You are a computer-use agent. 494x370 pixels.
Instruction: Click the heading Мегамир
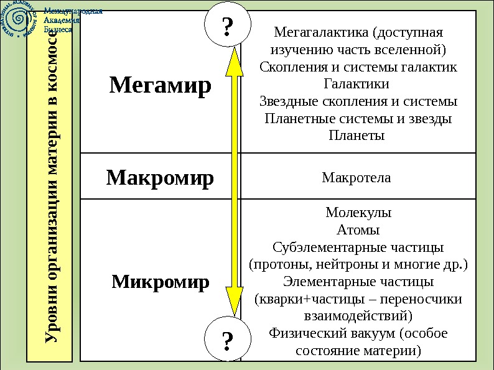[x=161, y=85]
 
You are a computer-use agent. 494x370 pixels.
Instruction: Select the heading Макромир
[x=160, y=178]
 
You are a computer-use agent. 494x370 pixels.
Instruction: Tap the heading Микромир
[x=161, y=282]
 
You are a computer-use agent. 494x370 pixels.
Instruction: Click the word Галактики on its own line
[x=357, y=83]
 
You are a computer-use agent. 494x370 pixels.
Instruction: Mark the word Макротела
[x=357, y=178]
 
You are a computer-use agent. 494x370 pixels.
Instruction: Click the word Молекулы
[x=358, y=213]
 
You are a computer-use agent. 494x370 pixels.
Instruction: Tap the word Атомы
[x=358, y=230]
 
